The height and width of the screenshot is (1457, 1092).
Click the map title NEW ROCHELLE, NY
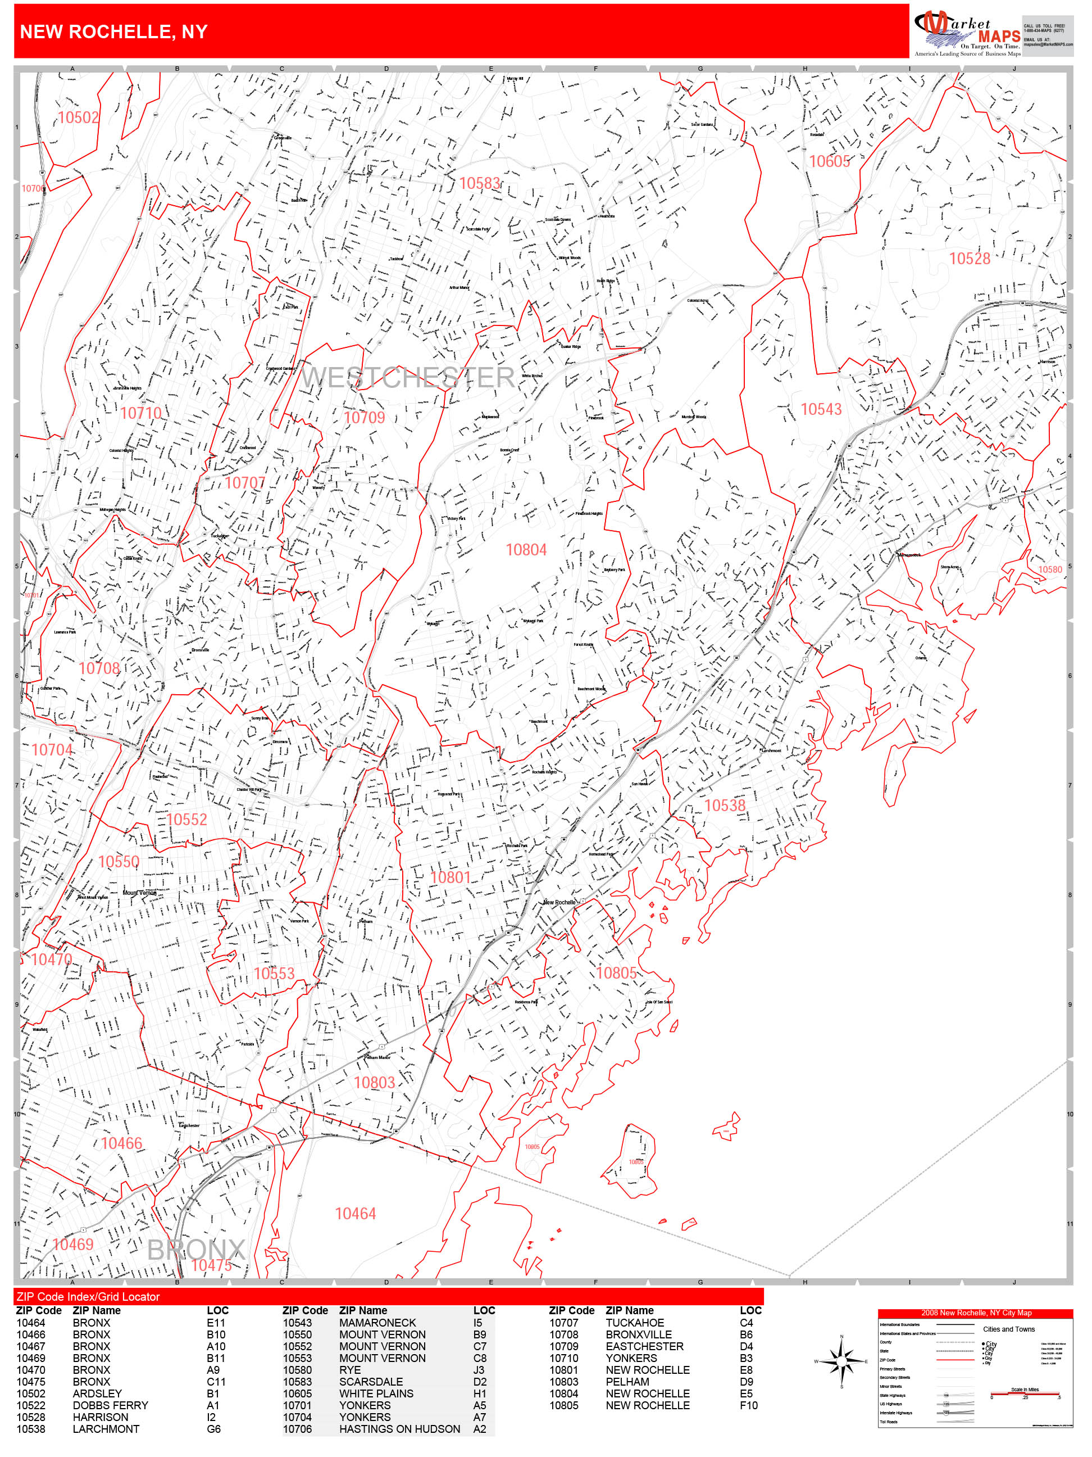point(114,31)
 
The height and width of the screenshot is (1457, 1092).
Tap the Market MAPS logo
point(966,31)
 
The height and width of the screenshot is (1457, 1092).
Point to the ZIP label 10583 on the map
point(479,183)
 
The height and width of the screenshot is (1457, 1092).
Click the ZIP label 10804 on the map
point(526,549)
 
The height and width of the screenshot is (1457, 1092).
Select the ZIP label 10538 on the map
point(725,805)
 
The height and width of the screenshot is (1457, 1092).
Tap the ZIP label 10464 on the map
point(356,1213)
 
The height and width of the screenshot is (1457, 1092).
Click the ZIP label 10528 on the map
point(969,258)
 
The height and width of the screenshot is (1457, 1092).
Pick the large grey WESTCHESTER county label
point(408,377)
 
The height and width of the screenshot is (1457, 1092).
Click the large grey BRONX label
point(195,1250)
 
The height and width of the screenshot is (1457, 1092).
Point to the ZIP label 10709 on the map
point(364,417)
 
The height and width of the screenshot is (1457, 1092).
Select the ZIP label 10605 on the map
point(829,161)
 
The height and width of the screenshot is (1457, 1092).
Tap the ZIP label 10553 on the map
point(274,974)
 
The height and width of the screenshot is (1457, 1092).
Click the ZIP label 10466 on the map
point(121,1143)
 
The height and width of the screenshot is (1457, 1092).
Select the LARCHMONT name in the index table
point(106,1429)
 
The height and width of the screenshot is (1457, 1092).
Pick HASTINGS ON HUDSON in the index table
point(399,1429)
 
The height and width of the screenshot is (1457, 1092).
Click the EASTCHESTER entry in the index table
point(644,1346)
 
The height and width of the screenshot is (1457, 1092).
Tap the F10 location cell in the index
point(748,1405)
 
